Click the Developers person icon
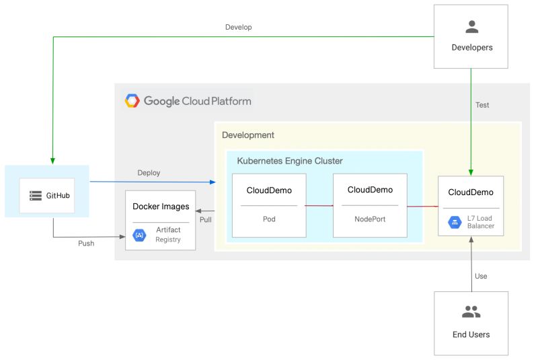pyautogui.click(x=471, y=27)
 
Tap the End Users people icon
pyautogui.click(x=471, y=312)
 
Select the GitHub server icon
pyautogui.click(x=36, y=196)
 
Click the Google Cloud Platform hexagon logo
pyautogui.click(x=132, y=101)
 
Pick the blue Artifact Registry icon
pyautogui.click(x=140, y=235)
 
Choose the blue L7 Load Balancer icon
pyautogui.click(x=453, y=221)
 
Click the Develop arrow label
pyautogui.click(x=238, y=28)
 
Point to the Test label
pyautogui.click(x=482, y=106)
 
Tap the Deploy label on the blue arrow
pyautogui.click(x=149, y=173)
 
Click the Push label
pyautogui.click(x=86, y=244)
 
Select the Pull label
pyautogui.click(x=205, y=220)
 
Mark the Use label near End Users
pyautogui.click(x=481, y=276)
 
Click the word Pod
pyautogui.click(x=269, y=219)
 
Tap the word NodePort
pyautogui.click(x=369, y=219)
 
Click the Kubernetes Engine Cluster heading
pyautogui.click(x=290, y=161)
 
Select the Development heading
pyautogui.click(x=248, y=135)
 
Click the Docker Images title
pyautogui.click(x=161, y=206)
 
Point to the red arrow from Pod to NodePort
pyautogui.click(x=319, y=205)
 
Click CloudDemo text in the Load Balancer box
pyautogui.click(x=471, y=192)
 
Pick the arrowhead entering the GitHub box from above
pyautogui.click(x=53, y=161)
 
